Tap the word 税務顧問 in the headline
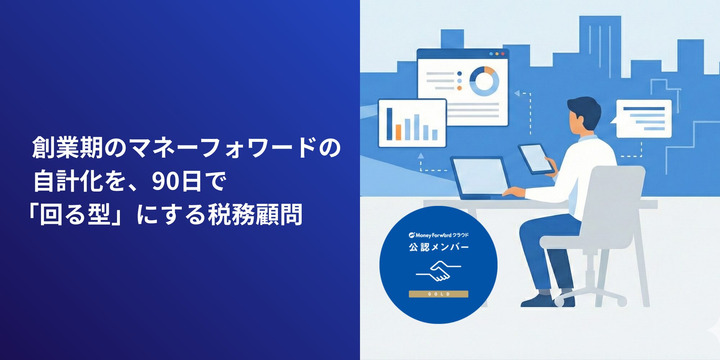(255, 215)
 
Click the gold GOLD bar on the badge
(438, 294)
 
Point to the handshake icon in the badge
(438, 271)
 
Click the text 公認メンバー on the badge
(438, 247)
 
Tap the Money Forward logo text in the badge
(438, 235)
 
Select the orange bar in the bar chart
(398, 132)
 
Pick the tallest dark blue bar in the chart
(389, 124)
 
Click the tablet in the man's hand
(535, 159)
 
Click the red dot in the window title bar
(503, 54)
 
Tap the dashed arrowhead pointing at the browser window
(517, 94)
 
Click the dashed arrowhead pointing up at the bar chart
(420, 156)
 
